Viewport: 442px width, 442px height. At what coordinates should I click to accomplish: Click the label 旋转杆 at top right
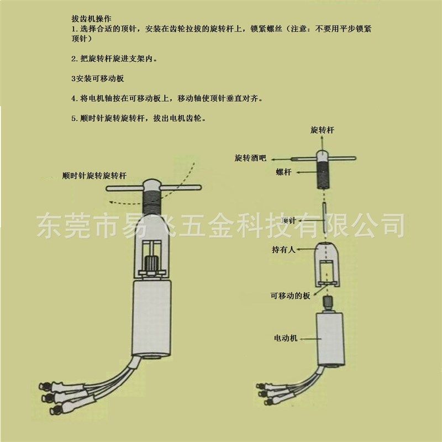(322, 130)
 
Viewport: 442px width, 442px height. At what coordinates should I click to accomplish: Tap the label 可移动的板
(290, 296)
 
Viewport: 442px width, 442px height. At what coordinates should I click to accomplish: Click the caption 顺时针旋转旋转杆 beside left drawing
(94, 175)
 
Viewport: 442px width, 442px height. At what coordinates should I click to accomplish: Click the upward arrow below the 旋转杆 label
(323, 143)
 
